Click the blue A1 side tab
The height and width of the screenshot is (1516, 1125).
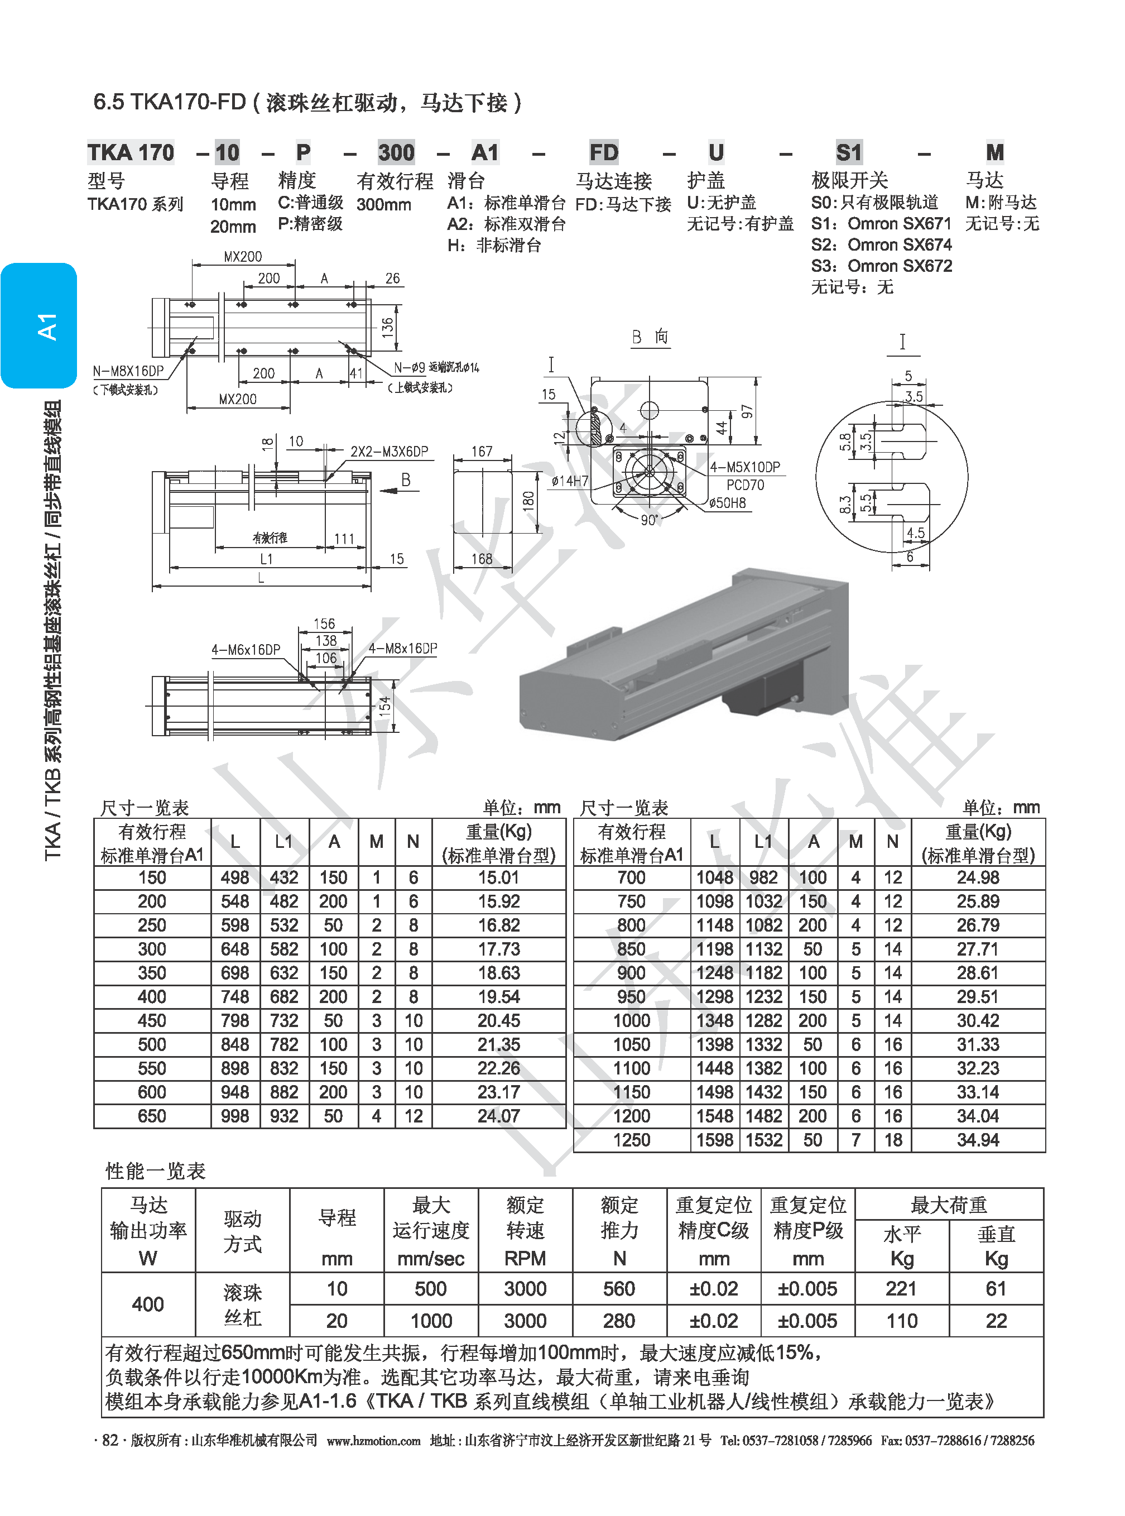tap(39, 325)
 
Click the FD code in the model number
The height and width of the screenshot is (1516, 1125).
tap(603, 152)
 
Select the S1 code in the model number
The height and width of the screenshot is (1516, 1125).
tap(849, 152)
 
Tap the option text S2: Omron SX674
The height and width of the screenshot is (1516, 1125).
tap(881, 244)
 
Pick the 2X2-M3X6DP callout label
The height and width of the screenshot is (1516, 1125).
tap(389, 452)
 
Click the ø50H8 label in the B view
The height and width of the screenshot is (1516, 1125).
tap(727, 503)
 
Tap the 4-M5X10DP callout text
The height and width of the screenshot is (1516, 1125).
tap(745, 467)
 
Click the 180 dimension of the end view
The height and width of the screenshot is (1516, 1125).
tap(528, 501)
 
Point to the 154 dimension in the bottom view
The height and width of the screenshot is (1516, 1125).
tap(384, 705)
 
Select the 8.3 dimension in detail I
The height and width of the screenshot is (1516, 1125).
tap(845, 504)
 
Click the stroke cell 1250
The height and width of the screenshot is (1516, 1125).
tap(631, 1140)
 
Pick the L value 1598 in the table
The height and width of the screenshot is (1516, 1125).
tap(714, 1140)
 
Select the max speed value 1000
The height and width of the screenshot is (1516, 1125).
tap(431, 1321)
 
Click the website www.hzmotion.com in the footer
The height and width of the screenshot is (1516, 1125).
tap(373, 1441)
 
